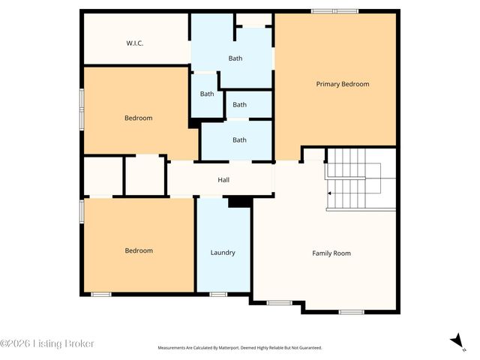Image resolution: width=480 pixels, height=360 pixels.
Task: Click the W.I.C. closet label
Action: point(135,43)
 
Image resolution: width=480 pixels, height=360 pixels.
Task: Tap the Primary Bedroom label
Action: point(343,84)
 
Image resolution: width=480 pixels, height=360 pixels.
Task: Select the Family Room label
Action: point(331,253)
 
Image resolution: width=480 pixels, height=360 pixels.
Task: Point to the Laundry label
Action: point(223,253)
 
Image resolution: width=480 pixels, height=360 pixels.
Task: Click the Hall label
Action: point(223,180)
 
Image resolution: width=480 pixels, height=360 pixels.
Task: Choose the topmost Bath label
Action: point(236,58)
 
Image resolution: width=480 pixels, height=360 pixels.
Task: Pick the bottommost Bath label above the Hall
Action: point(239,140)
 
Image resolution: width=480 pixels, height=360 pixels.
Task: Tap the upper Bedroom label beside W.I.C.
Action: point(139,118)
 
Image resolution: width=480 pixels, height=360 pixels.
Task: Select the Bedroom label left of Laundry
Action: point(139,250)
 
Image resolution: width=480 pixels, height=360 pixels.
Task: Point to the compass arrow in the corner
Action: point(455,340)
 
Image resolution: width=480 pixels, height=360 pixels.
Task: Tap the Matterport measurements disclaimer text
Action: point(239,348)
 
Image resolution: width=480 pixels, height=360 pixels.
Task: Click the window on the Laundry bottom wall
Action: point(218,294)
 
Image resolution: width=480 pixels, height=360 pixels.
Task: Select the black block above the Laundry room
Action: point(239,201)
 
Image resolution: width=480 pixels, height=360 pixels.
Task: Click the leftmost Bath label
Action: point(207,94)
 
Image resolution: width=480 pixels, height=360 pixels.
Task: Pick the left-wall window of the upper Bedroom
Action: point(82,104)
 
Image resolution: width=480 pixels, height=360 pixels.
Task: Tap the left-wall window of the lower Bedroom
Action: point(82,210)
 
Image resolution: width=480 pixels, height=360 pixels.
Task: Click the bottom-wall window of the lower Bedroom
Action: point(101,294)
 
